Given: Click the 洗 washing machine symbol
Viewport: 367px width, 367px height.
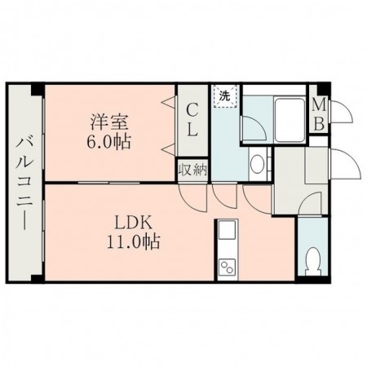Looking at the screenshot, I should pyautogui.click(x=223, y=95).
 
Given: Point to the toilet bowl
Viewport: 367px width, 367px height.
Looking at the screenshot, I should pyautogui.click(x=310, y=261).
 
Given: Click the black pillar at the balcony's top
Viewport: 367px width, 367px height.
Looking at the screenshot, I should pyautogui.click(x=34, y=87).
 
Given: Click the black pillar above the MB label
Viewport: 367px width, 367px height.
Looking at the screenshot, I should pyautogui.click(x=323, y=87).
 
